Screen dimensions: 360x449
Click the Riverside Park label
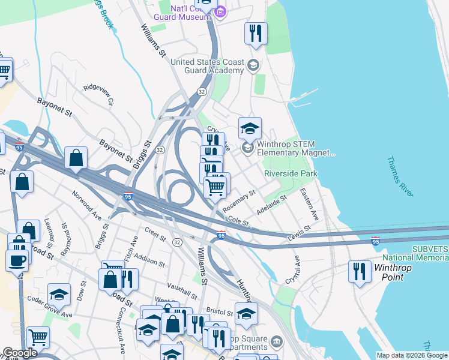point(291,173)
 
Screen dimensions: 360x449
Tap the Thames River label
point(399,176)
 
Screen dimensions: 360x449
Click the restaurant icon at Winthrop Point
point(360,271)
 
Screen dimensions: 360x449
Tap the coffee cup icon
point(17,260)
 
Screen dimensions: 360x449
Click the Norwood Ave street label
point(88,204)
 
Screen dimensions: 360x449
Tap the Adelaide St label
point(271,203)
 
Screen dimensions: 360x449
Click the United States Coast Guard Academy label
point(207,66)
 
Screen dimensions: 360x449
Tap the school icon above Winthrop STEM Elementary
point(250,128)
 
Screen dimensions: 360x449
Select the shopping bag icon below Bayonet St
point(76,158)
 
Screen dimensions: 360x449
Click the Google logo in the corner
point(20,353)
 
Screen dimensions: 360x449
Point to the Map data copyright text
point(412,355)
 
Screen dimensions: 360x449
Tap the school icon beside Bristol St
point(246,313)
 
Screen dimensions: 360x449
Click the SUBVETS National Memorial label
point(429,253)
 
